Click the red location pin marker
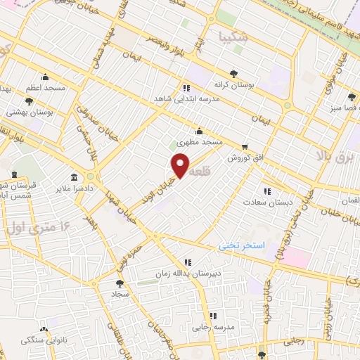(x=181, y=165)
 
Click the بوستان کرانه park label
(x=233, y=84)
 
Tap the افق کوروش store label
(x=239, y=158)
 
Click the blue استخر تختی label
(x=241, y=246)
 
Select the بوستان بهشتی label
(x=26, y=112)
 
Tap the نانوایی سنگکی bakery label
(x=41, y=340)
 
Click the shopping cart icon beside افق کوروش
(x=244, y=147)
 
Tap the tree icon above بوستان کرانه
(x=233, y=72)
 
